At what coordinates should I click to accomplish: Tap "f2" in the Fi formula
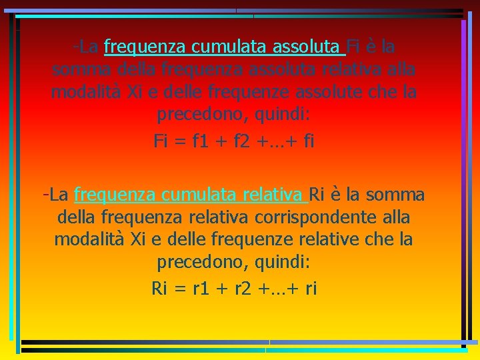[236, 141]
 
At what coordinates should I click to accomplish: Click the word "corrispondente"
[326, 217]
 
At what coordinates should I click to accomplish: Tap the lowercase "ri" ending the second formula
[310, 288]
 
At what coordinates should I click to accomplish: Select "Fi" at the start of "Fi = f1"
[161, 141]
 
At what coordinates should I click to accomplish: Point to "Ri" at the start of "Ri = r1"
[159, 288]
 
